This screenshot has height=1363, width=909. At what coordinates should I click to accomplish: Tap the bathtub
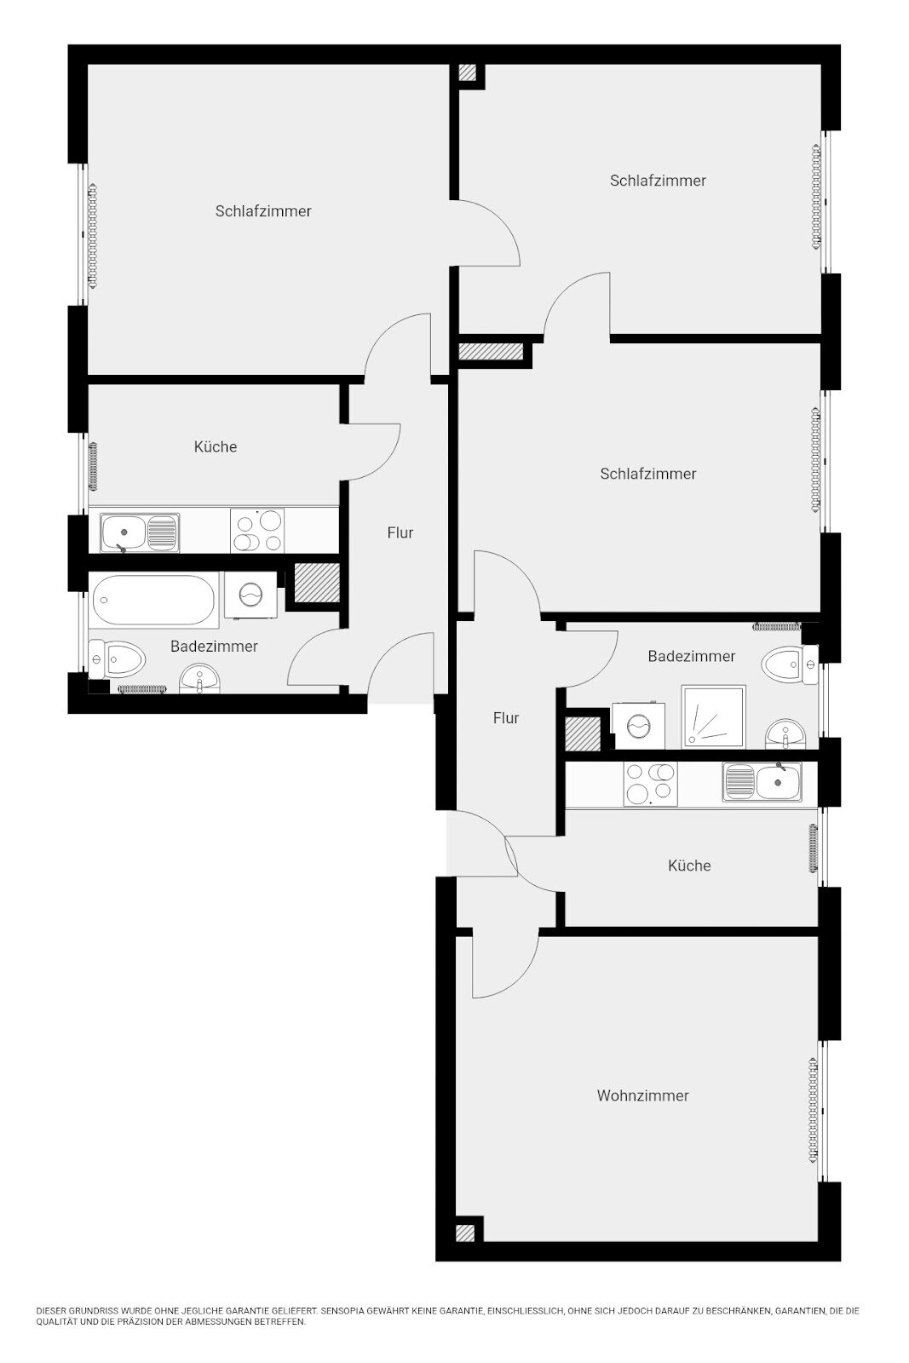click(153, 601)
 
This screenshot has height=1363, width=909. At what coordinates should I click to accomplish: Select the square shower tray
click(713, 716)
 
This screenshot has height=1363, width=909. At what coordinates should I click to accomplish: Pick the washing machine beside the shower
click(638, 725)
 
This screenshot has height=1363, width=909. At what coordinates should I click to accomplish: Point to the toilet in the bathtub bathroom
click(117, 659)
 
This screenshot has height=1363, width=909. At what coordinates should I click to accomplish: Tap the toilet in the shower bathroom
click(790, 664)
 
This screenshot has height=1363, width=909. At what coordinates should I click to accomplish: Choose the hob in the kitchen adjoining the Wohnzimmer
click(650, 785)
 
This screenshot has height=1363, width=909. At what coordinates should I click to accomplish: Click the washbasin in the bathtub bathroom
click(199, 678)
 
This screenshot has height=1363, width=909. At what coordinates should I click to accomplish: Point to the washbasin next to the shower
click(785, 734)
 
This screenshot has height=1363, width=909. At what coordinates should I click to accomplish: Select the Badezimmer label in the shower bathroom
click(691, 656)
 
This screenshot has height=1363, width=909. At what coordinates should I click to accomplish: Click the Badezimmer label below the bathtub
click(214, 647)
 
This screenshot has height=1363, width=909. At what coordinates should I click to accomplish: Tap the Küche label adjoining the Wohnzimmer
click(688, 866)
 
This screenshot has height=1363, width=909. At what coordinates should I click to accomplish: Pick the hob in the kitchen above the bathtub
click(256, 531)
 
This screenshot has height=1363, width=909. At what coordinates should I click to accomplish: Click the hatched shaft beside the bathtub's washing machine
click(317, 583)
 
